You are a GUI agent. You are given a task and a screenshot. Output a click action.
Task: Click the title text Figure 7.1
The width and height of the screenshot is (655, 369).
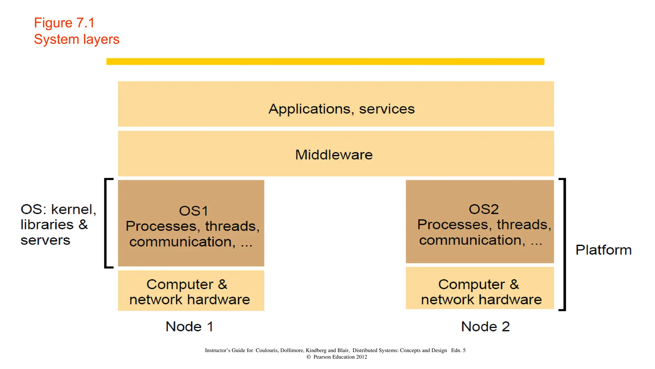(x=64, y=23)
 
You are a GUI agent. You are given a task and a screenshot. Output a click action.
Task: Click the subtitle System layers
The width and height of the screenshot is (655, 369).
(x=76, y=39)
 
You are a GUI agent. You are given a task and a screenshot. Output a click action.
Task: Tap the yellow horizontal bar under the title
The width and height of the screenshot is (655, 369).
(x=325, y=61)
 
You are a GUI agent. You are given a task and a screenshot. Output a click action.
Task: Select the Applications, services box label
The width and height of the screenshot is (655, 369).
(x=341, y=109)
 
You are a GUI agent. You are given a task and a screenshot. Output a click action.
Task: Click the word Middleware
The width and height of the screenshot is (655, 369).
(x=334, y=155)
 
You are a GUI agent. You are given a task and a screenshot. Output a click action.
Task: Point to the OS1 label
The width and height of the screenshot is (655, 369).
(x=193, y=211)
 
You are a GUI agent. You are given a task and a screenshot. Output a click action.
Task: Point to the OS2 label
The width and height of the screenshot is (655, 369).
(x=483, y=209)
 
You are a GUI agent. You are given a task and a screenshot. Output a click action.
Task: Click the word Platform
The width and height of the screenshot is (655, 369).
(x=603, y=250)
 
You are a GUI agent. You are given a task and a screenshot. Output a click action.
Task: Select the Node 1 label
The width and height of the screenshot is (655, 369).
(x=189, y=327)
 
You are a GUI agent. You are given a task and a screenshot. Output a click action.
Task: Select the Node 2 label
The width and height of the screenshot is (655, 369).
(x=485, y=327)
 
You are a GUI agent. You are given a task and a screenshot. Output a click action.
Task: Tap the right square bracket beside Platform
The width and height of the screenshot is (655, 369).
(x=564, y=244)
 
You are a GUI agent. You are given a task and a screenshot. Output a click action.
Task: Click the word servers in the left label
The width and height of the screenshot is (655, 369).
(x=45, y=240)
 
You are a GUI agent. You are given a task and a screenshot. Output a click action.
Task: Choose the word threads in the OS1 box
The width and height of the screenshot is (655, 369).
(x=230, y=226)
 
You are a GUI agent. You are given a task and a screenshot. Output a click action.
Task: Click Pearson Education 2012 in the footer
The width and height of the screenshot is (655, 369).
(x=340, y=357)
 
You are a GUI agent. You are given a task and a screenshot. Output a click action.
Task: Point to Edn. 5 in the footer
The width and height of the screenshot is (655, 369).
(x=458, y=350)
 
